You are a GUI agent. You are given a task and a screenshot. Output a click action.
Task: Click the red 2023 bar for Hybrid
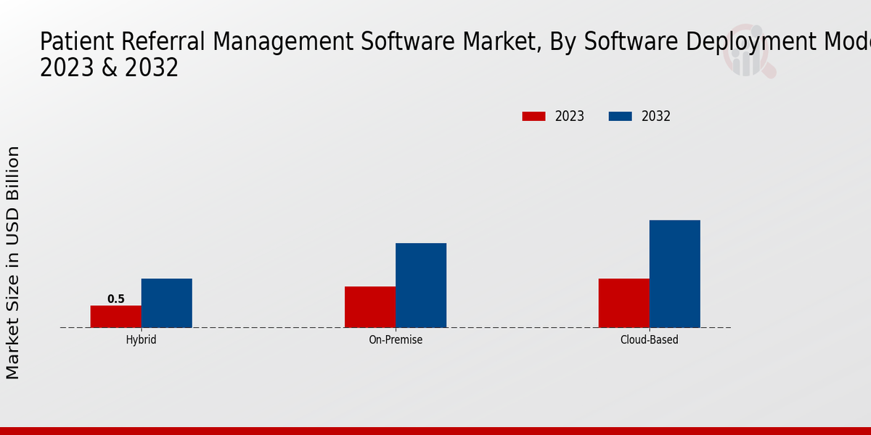116,316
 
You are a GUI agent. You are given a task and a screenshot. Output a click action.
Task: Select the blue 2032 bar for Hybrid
167,303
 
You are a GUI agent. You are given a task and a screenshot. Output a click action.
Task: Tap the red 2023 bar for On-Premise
370,307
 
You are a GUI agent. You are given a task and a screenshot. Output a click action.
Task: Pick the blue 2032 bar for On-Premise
421,285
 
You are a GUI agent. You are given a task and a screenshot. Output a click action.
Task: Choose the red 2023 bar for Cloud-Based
624,303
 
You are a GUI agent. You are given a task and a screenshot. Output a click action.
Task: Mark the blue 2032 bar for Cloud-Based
675,273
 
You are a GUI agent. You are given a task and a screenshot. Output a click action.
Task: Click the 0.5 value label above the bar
116,299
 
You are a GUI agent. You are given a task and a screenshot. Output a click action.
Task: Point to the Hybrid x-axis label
141,339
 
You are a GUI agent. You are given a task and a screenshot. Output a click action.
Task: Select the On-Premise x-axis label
396,339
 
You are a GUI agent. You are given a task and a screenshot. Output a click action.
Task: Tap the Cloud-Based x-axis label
650,339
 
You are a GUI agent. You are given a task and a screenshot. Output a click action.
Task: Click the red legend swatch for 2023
533,116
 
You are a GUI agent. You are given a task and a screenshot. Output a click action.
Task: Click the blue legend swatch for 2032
620,116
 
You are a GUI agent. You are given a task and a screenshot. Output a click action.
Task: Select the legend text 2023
570,116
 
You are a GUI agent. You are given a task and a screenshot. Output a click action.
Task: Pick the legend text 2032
656,116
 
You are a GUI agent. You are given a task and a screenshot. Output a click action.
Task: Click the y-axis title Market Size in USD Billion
13,262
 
